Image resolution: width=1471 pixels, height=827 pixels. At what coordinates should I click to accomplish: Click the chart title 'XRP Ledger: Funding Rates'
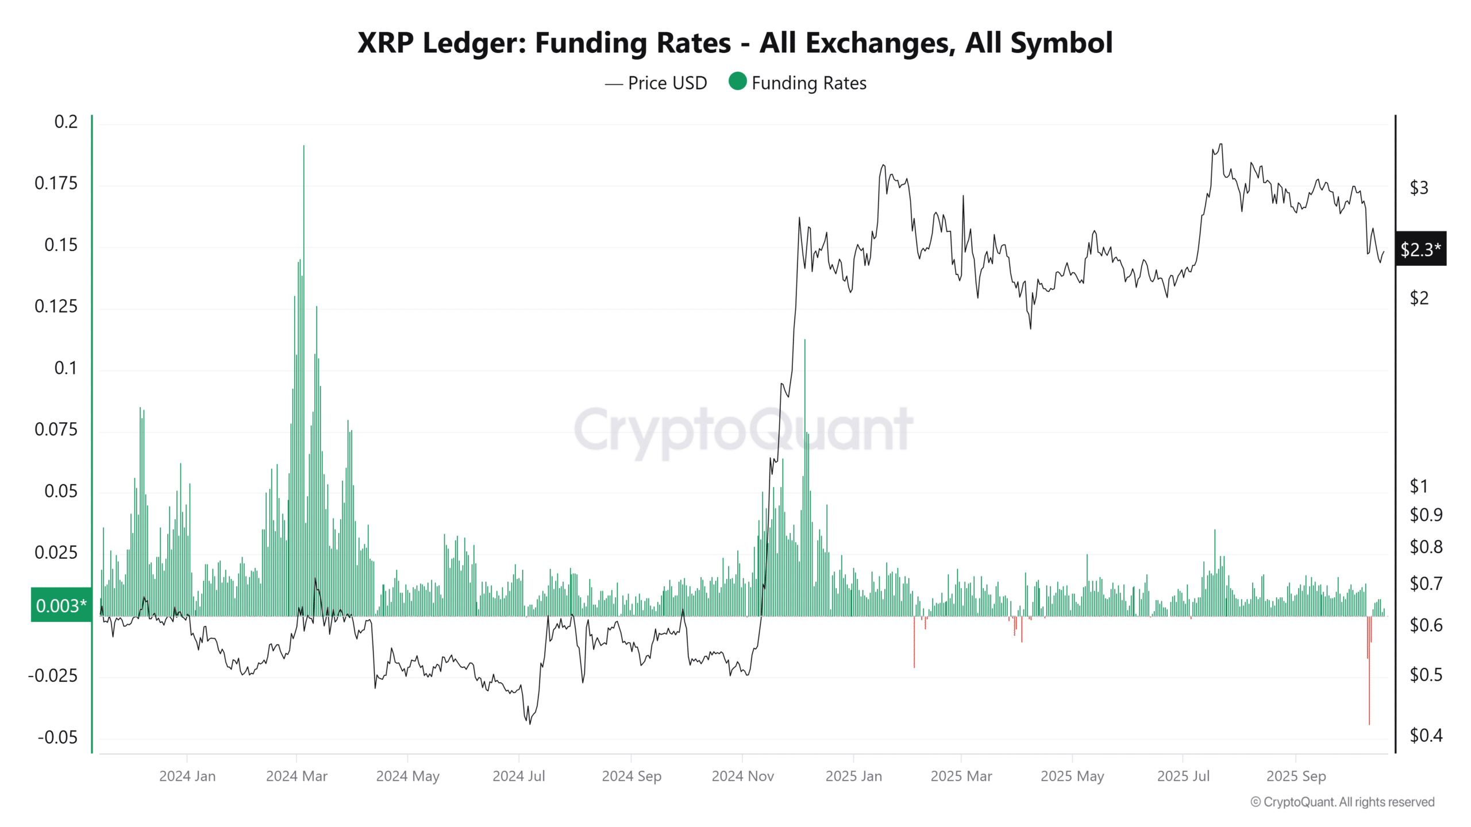pos(734,43)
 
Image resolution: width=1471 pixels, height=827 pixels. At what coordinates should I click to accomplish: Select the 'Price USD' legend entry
pos(667,83)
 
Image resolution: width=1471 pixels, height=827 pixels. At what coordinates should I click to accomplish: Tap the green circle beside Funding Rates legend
pos(737,82)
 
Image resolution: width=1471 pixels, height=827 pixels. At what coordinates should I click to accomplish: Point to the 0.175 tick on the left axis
pos(56,183)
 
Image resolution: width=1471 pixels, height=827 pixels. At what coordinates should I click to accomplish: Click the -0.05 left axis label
pos(57,737)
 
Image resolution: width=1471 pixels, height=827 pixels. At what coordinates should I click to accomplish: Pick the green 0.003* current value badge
pos(61,605)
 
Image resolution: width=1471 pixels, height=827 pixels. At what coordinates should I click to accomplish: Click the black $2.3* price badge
pos(1420,249)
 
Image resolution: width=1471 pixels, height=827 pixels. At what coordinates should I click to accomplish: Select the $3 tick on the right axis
pos(1419,188)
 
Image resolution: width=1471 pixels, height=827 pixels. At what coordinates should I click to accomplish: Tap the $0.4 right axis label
pos(1426,735)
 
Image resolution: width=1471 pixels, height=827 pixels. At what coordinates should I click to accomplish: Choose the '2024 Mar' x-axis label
pos(296,776)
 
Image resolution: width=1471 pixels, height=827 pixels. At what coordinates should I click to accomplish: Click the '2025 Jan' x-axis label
pos(853,776)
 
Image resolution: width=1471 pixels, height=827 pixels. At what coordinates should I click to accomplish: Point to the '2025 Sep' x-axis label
pos(1296,776)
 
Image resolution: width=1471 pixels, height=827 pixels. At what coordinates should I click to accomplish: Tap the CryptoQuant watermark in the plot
pos(743,430)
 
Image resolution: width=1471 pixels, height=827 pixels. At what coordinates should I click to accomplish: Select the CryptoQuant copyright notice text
pos(1342,802)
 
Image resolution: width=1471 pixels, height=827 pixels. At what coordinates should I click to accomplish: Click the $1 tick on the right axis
pos(1419,486)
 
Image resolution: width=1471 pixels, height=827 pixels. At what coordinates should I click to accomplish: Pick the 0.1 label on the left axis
pos(66,368)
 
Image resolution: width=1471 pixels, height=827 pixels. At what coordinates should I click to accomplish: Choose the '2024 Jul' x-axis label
pos(518,776)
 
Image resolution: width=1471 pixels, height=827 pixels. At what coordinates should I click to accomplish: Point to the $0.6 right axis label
pos(1426,625)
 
